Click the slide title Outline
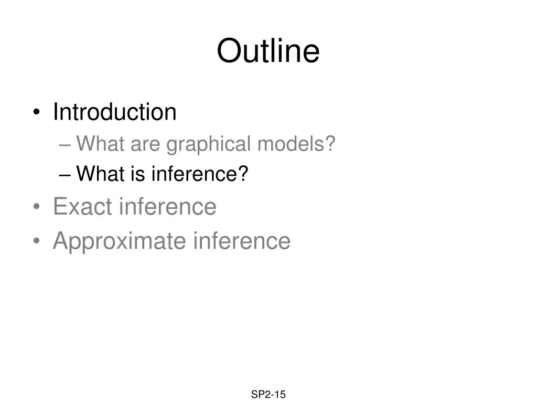point(268,51)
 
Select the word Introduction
point(115,112)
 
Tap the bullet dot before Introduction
point(37,112)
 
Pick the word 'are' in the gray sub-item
point(145,145)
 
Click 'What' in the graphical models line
point(100,143)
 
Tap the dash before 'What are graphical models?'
point(65,145)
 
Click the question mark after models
point(330,143)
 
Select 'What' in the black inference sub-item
point(100,173)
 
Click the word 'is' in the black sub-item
point(138,173)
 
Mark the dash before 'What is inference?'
point(65,175)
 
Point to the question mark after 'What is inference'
point(243,173)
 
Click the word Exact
point(82,206)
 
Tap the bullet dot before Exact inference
point(37,207)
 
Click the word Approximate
point(120,241)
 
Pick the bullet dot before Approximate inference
point(37,240)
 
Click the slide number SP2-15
point(268,395)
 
